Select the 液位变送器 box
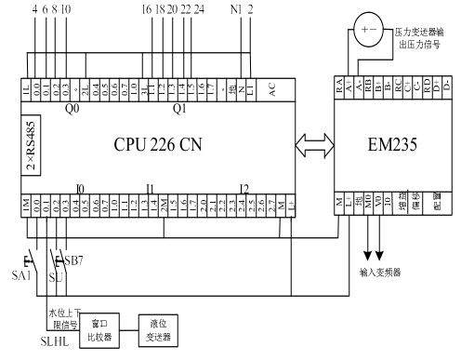[x=157, y=332]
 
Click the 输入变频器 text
[x=380, y=273]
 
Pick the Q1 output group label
[x=180, y=107]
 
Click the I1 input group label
[x=148, y=189]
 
